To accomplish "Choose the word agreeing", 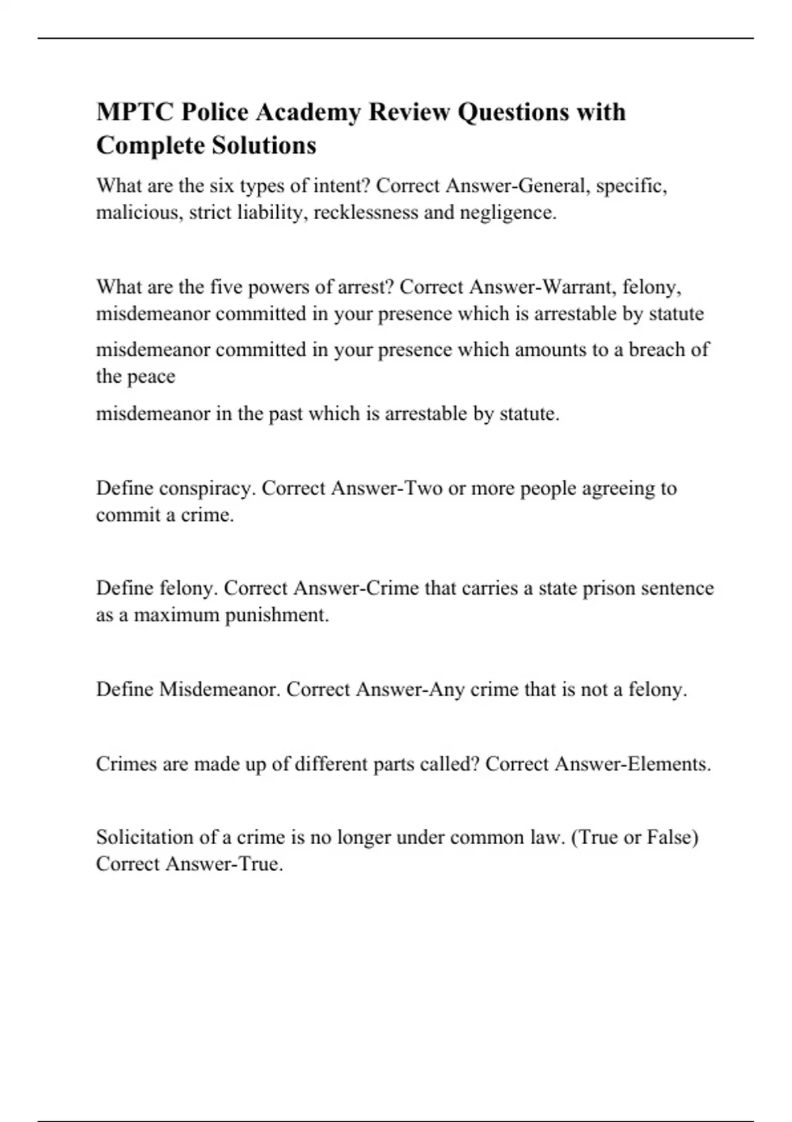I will click(610, 489).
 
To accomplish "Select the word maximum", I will click(176, 615).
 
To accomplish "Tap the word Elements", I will click(669, 764).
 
